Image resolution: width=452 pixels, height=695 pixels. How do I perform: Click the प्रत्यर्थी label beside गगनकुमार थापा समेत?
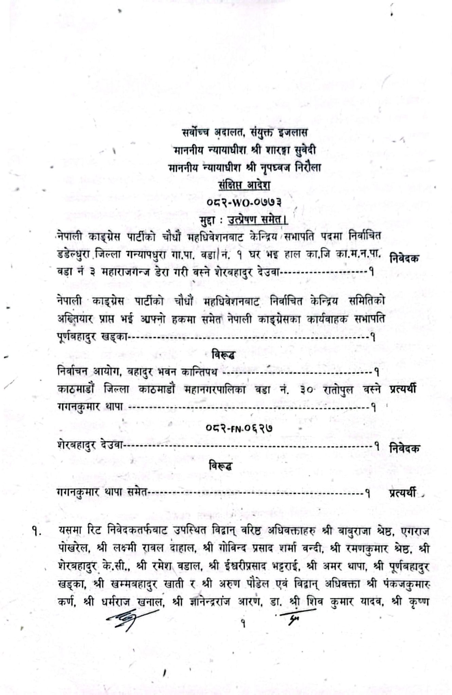[x=402, y=493]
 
